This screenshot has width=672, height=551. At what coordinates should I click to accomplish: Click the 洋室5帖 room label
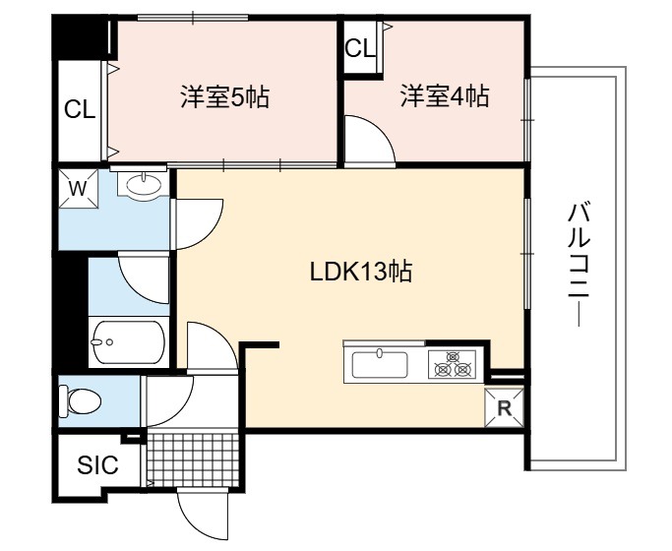coord(225,97)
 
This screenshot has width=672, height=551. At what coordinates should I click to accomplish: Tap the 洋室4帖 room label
coord(445,96)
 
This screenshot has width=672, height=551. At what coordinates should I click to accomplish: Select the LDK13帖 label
coord(361,272)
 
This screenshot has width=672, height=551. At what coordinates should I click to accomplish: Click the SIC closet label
coord(97,464)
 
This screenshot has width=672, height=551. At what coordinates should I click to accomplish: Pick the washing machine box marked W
coord(78,189)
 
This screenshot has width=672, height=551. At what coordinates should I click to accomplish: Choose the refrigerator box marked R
coord(504,408)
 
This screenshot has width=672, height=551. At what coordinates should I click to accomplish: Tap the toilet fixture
coord(80,401)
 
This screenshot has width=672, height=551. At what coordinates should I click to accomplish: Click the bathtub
coord(128,341)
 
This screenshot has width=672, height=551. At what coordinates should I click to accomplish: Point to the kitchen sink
coord(380,364)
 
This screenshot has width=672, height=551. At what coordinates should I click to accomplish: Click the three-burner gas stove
coord(453,364)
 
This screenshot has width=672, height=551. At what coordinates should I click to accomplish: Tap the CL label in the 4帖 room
coord(360,48)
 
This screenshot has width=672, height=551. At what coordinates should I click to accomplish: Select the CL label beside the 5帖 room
coord(80,110)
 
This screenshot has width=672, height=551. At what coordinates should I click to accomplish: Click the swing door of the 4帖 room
coord(370,139)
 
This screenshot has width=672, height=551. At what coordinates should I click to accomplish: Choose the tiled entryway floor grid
coord(193,459)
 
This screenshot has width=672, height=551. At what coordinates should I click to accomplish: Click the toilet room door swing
coord(167,401)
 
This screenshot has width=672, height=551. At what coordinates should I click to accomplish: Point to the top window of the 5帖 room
coord(193,18)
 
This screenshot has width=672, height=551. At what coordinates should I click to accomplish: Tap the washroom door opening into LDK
coord(197,223)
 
